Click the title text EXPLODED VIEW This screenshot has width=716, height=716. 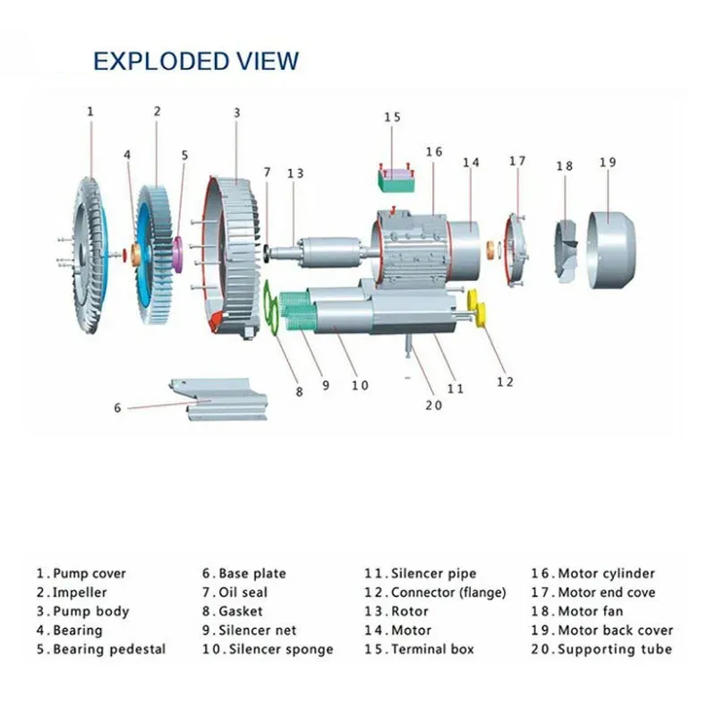[x=196, y=61]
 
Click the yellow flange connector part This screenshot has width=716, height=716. [x=481, y=314]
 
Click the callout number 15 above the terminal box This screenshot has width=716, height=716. [x=393, y=117]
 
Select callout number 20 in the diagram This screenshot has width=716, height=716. [x=434, y=404]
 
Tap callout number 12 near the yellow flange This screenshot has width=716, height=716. [x=506, y=382]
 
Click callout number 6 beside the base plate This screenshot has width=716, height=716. [x=117, y=408]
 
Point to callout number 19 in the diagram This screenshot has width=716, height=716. [x=608, y=162]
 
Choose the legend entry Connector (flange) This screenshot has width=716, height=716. [x=447, y=592]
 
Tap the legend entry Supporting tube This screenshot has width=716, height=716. [x=614, y=649]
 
